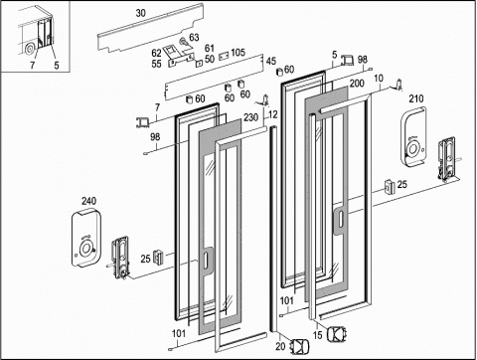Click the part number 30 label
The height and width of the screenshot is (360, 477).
[x=140, y=13]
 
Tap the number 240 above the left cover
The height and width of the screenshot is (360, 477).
[x=88, y=201]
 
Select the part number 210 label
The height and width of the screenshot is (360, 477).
[x=416, y=98]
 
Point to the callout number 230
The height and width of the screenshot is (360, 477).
[x=250, y=117]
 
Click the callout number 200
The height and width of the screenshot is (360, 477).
[x=357, y=83]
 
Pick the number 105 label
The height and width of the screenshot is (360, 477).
[x=238, y=53]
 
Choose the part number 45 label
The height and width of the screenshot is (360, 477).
[x=271, y=61]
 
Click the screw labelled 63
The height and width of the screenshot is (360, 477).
[x=183, y=42]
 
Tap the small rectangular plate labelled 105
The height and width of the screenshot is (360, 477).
[x=224, y=56]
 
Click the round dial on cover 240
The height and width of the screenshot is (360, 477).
[x=86, y=249]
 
